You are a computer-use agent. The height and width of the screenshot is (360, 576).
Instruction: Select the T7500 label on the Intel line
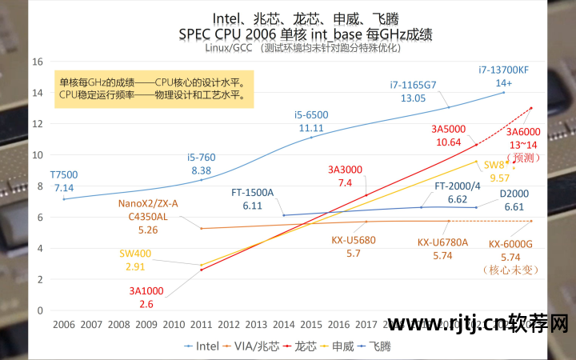click(64, 174)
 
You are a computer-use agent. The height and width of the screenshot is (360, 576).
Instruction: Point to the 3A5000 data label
click(448, 129)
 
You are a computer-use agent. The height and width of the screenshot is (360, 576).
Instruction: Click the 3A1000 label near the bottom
click(146, 290)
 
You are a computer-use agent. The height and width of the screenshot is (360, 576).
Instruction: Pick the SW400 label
click(135, 254)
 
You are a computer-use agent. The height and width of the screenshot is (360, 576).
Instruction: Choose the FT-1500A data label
click(253, 193)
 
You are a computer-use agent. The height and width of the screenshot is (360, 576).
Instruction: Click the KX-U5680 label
click(353, 240)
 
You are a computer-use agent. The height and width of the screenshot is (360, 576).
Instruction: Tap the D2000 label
click(514, 193)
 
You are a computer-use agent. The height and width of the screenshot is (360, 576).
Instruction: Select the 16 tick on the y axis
click(37, 61)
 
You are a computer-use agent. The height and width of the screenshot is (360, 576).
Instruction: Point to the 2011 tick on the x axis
click(201, 326)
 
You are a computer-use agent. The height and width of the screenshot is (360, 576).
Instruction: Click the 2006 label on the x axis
click(63, 326)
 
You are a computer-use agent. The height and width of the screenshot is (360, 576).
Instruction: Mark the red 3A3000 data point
click(366, 195)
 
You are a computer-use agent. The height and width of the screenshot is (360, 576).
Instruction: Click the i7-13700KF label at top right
click(504, 70)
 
